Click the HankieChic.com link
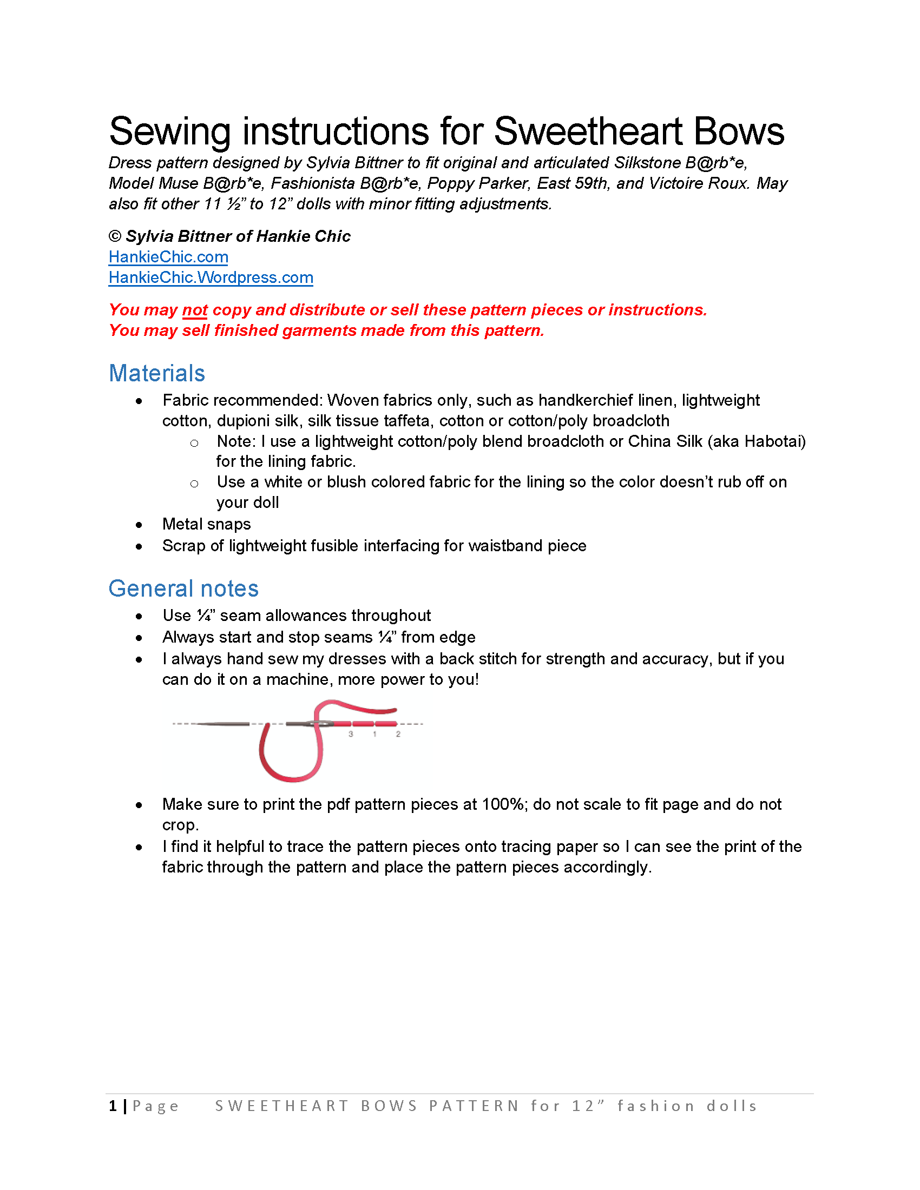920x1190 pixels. pyautogui.click(x=168, y=256)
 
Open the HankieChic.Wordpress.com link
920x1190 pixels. pyautogui.click(x=211, y=277)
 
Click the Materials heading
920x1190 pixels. pyautogui.click(x=157, y=373)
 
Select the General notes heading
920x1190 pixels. pyautogui.click(x=183, y=589)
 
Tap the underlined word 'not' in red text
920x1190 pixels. pyautogui.click(x=195, y=310)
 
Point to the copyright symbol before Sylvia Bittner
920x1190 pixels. pyautogui.click(x=114, y=236)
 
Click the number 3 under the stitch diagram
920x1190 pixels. pyautogui.click(x=351, y=734)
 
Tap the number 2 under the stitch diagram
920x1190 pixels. pyautogui.click(x=398, y=734)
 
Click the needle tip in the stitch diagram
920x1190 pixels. pyautogui.click(x=199, y=724)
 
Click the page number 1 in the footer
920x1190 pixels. pyautogui.click(x=113, y=1106)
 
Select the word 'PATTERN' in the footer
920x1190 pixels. pyautogui.click(x=474, y=1106)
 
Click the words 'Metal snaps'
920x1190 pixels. pyautogui.click(x=207, y=524)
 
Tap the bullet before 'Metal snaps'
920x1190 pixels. pyautogui.click(x=139, y=525)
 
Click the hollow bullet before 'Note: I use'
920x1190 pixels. pyautogui.click(x=194, y=443)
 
